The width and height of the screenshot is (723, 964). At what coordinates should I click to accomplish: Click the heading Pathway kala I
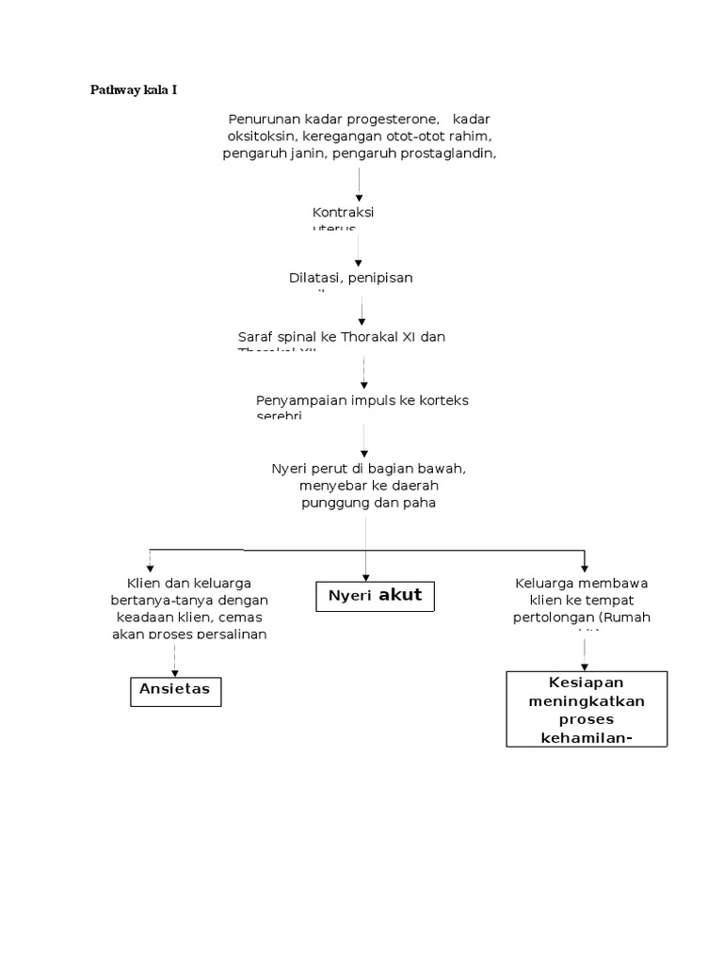133,90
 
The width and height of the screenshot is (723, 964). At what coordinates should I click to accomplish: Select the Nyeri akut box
375,596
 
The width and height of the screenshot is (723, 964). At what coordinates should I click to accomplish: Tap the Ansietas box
175,689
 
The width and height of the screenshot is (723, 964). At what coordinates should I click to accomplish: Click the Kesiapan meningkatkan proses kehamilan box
586,708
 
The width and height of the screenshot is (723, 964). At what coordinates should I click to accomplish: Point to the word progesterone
396,119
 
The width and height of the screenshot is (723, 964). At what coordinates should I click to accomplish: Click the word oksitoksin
255,137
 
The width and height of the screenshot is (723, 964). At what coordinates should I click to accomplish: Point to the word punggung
335,503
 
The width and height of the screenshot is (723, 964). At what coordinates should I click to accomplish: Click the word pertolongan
550,618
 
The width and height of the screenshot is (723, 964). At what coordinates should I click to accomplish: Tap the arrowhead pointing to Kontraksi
359,198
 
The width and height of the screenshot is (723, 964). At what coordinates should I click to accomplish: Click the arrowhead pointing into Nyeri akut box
365,576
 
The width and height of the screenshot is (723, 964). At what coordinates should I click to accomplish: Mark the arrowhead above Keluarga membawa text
585,567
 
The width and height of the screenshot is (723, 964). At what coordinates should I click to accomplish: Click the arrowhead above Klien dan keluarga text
150,567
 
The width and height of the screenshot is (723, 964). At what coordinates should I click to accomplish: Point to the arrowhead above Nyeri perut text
364,452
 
